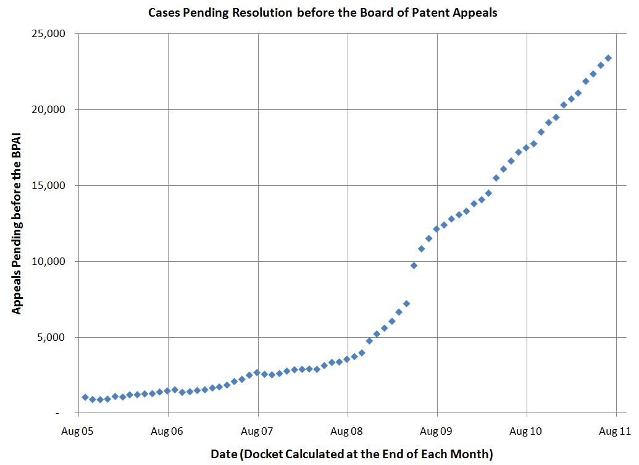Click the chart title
pos(322,13)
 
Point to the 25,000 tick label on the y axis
pos(48,34)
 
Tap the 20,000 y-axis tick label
pos(48,110)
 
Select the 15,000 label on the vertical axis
pos(48,186)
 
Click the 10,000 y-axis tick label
pos(48,262)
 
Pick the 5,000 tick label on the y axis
pos(51,338)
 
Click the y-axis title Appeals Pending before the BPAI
pos(17,223)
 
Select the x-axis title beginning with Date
pos(351,454)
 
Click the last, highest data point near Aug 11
pos(608,58)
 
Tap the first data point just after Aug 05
pos(85,397)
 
